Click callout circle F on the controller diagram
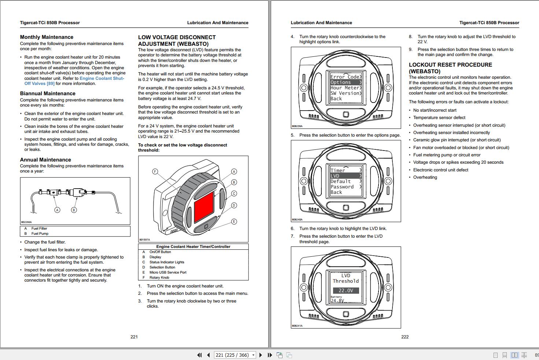pyautogui.click(x=155, y=172)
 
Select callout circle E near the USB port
pyautogui.click(x=234, y=222)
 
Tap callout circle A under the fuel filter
pyautogui.click(x=57, y=210)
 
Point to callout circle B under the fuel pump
pyautogui.click(x=74, y=210)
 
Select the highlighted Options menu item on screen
pyautogui.click(x=346, y=82)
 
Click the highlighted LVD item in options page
pyautogui.click(x=346, y=176)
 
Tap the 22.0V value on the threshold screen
pyautogui.click(x=346, y=290)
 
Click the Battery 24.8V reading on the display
pyautogui.click(x=337, y=300)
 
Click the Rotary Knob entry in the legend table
pyautogui.click(x=159, y=278)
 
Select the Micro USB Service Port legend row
pyautogui.click(x=168, y=272)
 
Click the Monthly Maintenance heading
pyautogui.click(x=47, y=37)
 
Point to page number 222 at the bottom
pyautogui.click(x=405, y=337)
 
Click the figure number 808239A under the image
pyautogui.click(x=297, y=126)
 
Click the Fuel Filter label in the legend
pyautogui.click(x=39, y=229)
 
